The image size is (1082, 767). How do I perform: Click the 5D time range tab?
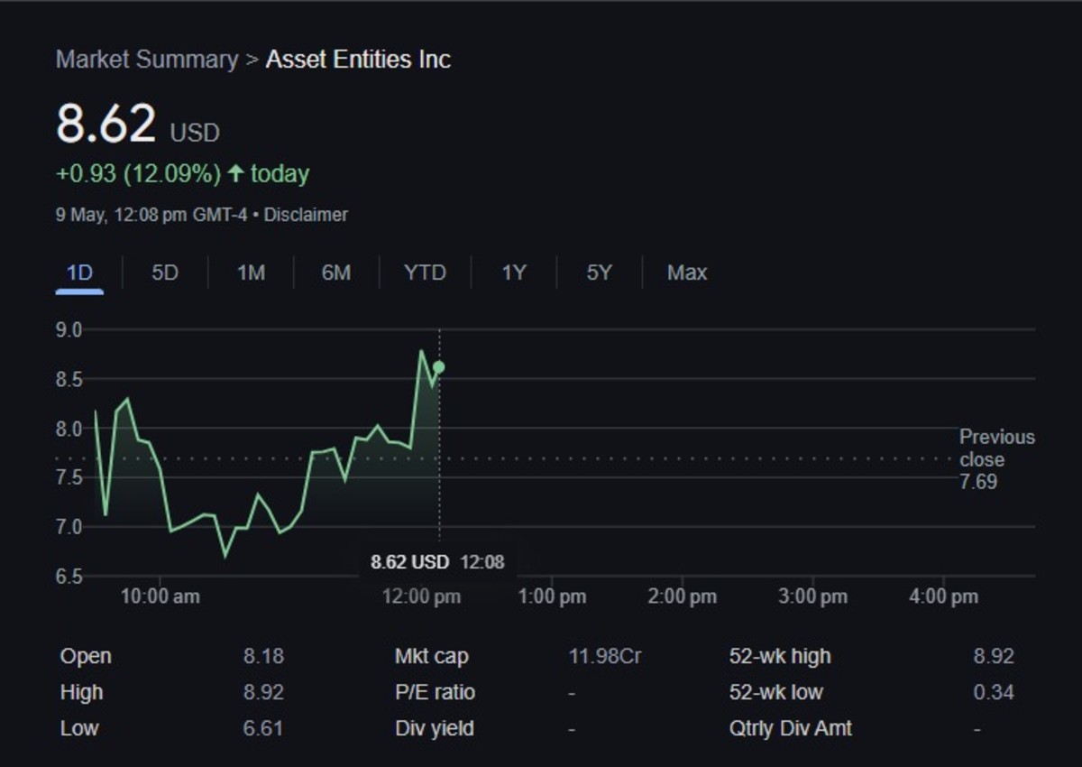[165, 273]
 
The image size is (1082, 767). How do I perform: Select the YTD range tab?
[425, 273]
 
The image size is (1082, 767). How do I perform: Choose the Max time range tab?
[686, 273]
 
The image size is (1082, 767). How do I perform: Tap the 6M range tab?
[335, 273]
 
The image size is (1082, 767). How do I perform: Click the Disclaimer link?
[306, 215]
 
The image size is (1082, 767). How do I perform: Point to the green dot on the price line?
[439, 367]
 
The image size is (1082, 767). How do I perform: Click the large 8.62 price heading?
[106, 124]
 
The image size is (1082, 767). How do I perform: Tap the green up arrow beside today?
[235, 173]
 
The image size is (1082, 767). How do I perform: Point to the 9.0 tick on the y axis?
[69, 330]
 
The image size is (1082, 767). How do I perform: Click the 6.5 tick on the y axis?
[69, 576]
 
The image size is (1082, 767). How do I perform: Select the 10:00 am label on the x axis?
[160, 596]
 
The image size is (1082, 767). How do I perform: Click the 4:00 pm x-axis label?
[943, 596]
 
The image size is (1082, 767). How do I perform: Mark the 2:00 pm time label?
[683, 596]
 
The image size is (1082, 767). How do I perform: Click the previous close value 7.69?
[978, 482]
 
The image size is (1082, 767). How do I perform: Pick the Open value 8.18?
[263, 656]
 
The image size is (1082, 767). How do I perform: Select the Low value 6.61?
[263, 728]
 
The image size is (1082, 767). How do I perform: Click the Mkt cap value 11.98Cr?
[605, 656]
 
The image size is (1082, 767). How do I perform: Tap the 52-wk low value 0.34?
[993, 692]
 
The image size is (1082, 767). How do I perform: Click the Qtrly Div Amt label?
[790, 728]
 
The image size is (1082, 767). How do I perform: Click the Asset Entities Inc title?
[358, 60]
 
